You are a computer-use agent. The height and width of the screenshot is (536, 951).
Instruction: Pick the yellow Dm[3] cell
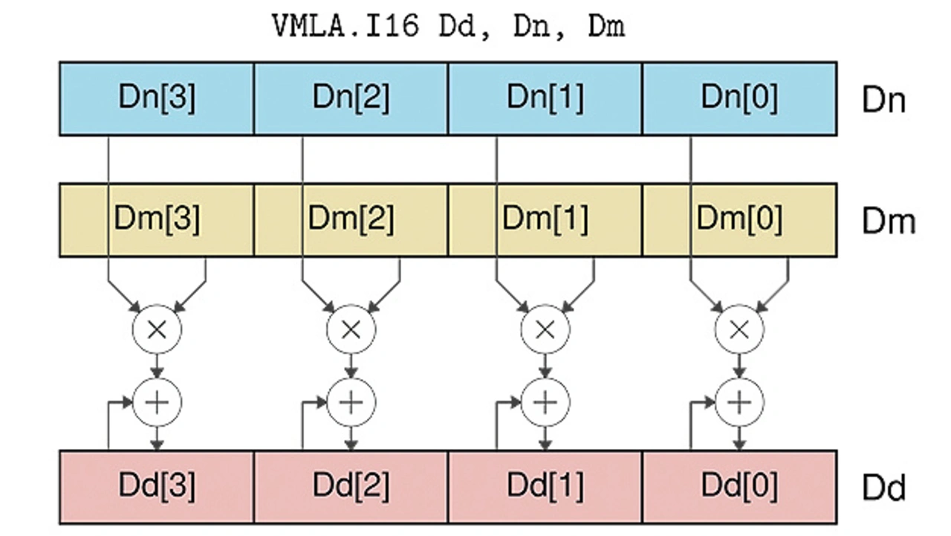[x=157, y=220]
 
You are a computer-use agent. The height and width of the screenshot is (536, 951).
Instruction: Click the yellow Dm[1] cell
[x=545, y=220]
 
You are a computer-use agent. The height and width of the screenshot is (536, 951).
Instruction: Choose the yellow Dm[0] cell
[x=739, y=220]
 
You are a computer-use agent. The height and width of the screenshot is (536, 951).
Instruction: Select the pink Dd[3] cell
[x=157, y=486]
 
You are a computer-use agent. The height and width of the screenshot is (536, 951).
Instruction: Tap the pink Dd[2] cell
[x=351, y=486]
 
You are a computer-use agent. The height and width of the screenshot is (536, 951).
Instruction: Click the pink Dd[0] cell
[x=739, y=486]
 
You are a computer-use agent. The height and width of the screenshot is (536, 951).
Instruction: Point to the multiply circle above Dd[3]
[x=157, y=329]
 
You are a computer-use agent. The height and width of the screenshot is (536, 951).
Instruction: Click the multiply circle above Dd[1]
[x=545, y=329]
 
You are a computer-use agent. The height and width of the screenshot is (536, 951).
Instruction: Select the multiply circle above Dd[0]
[x=739, y=329]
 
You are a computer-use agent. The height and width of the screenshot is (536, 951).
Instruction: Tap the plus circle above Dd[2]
[x=351, y=402]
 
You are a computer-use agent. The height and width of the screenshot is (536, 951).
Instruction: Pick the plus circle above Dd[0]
[x=739, y=402]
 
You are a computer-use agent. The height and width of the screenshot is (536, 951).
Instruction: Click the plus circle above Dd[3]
[x=157, y=402]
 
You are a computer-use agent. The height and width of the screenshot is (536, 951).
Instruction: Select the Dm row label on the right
[x=888, y=222]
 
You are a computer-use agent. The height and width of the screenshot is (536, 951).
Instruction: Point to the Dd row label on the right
[x=883, y=488]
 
